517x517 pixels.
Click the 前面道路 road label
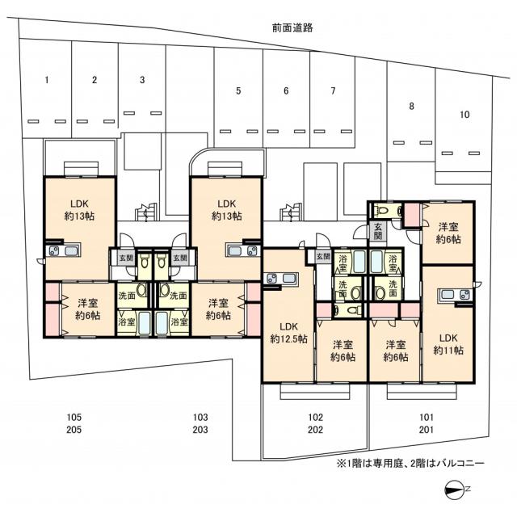[292, 27]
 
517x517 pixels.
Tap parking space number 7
[333, 90]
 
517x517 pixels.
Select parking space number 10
[464, 115]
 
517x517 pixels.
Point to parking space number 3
[142, 80]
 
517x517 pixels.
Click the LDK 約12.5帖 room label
[289, 332]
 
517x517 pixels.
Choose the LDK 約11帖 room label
[448, 344]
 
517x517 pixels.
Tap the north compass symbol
[454, 489]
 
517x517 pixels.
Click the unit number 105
[74, 417]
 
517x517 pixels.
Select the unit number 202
[316, 430]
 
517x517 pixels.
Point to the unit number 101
[427, 417]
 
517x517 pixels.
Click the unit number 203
[200, 430]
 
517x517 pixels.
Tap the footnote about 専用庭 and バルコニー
[410, 464]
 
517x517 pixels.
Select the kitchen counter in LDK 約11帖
[455, 295]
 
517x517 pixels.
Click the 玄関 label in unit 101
[378, 231]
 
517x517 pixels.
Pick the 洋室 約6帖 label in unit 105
[88, 309]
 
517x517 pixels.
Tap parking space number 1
[47, 80]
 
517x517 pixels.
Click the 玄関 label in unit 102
[323, 256]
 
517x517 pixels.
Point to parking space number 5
[238, 90]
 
